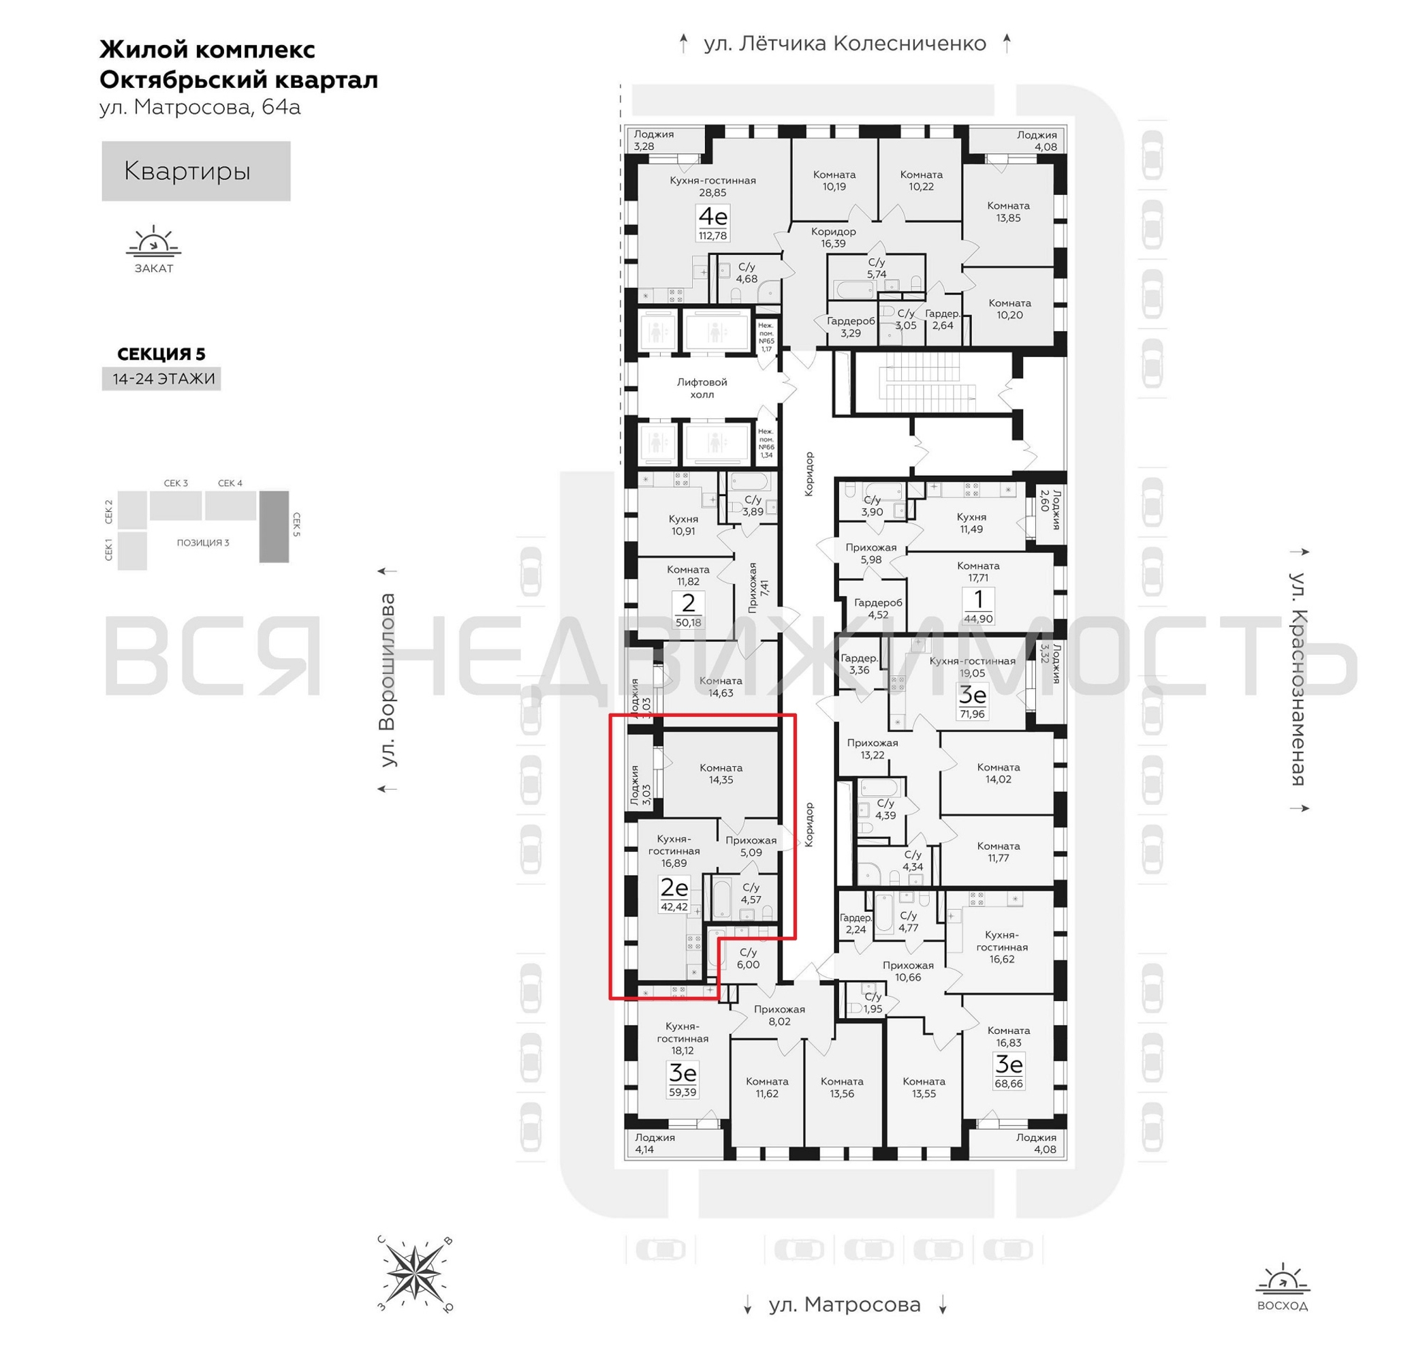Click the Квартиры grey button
click(195, 171)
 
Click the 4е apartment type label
click(712, 216)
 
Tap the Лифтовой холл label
click(702, 387)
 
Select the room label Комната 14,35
click(721, 773)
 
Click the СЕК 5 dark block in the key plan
click(274, 526)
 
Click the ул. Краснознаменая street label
click(1298, 679)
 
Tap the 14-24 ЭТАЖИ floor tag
click(161, 378)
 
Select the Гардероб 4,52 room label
click(877, 608)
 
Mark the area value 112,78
click(712, 235)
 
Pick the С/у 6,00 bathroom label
click(747, 958)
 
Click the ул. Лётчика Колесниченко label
click(844, 44)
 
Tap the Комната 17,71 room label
click(977, 571)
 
